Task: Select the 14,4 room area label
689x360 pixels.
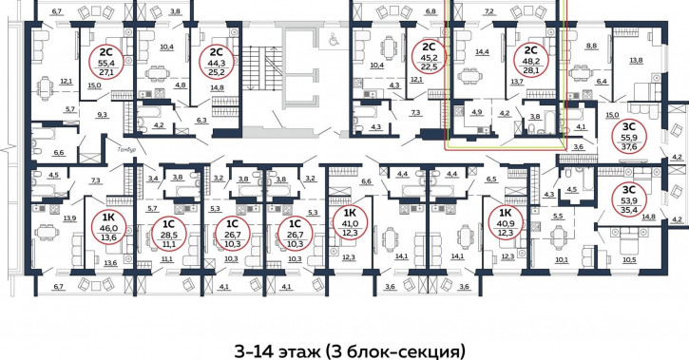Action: (x=483, y=52)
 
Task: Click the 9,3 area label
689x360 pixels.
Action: (x=101, y=114)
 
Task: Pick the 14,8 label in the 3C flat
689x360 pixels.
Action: (x=648, y=218)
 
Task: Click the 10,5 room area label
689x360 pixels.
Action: (x=629, y=259)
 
